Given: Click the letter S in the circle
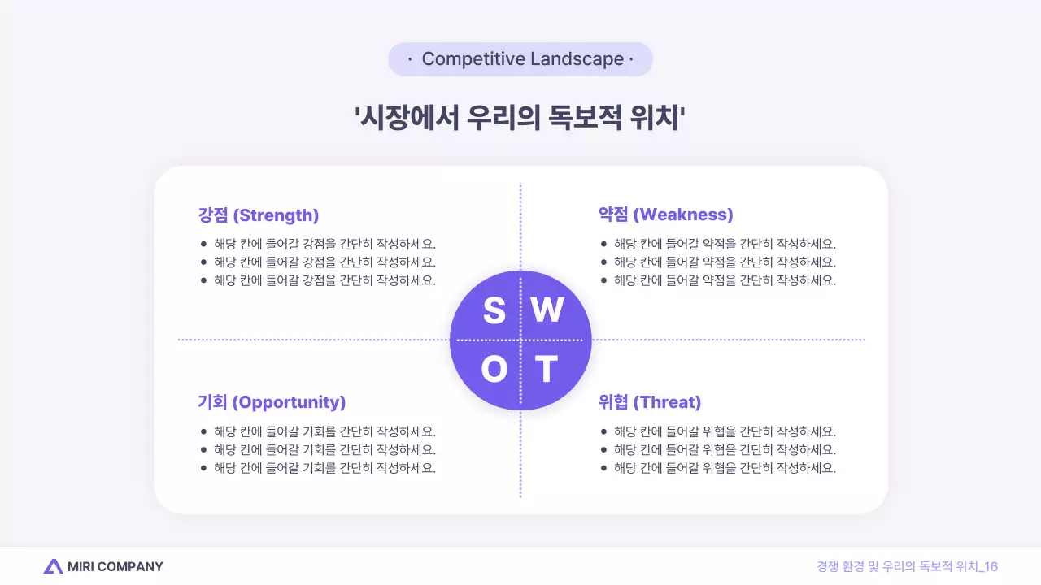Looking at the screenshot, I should click(494, 310).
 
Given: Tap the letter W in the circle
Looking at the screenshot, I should click(547, 310).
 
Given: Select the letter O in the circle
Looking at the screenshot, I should click(494, 370).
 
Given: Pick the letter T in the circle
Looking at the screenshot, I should click(547, 370).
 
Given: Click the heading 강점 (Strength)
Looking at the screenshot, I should click(258, 215).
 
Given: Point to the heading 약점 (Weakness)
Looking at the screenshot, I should click(665, 214).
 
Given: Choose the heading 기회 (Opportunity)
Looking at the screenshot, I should click(272, 402).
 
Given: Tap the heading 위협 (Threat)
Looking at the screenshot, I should click(649, 402).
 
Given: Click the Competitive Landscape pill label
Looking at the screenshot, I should click(520, 59).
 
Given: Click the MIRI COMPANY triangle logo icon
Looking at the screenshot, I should click(53, 566).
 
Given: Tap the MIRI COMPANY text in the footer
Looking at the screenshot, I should click(115, 566).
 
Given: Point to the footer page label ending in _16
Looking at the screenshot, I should click(907, 566).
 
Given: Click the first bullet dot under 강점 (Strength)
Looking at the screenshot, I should click(203, 244).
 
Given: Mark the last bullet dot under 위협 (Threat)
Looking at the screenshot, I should click(603, 468).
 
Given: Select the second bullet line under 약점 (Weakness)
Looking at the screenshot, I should click(725, 262).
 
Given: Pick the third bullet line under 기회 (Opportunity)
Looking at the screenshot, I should click(324, 468).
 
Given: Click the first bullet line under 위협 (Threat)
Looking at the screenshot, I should click(725, 431).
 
